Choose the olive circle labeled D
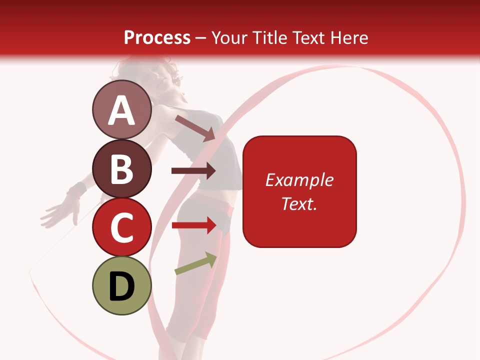(121, 285)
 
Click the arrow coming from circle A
(195, 128)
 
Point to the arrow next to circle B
(193, 171)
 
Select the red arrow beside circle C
(194, 225)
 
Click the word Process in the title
(157, 37)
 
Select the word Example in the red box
(299, 180)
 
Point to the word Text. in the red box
(299, 203)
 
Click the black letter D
(121, 286)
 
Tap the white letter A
(121, 110)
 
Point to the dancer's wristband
(76, 190)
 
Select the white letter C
(121, 227)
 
